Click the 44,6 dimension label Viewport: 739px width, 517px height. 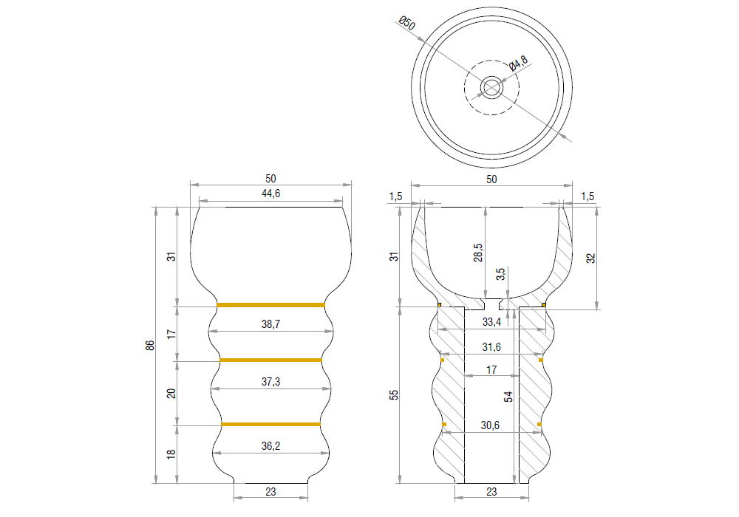coord(270,194)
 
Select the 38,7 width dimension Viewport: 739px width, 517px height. coord(270,324)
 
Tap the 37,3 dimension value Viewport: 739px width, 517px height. coord(270,380)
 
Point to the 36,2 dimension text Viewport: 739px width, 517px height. coord(270,445)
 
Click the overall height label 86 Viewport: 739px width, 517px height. coord(150,346)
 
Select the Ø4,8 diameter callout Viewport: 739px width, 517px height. coord(518,64)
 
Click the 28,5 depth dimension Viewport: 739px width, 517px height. coord(478,252)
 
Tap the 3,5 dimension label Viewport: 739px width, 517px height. coord(501,275)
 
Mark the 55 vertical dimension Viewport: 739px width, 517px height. coord(394,395)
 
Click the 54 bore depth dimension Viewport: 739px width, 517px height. coord(508,397)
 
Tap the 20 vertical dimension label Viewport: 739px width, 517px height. coord(171,393)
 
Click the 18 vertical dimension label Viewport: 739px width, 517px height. coord(171,454)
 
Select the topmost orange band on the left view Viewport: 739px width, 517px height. coord(270,304)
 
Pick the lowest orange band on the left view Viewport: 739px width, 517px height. coord(270,424)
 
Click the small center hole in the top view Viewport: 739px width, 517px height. coord(491,87)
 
